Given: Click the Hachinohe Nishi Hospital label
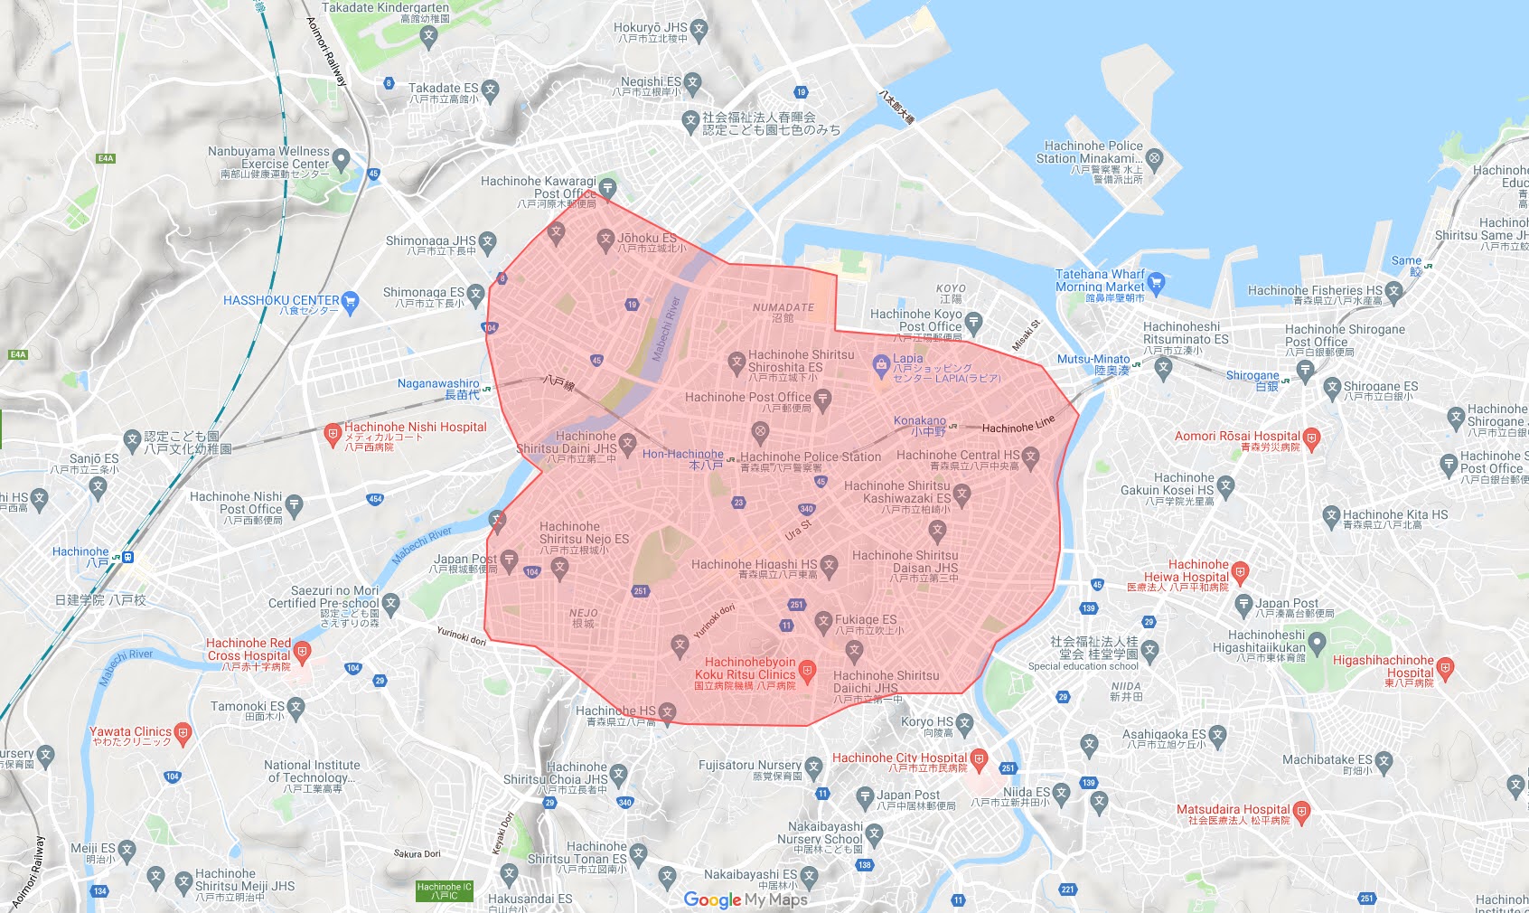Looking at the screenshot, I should pos(415,428).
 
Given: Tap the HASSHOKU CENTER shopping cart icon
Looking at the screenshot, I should pos(351,301).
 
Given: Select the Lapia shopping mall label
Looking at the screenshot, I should pos(908,359).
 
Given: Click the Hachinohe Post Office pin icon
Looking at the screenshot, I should pos(822,399).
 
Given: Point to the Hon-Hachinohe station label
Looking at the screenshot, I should pos(682,455).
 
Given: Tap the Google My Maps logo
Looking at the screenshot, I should pos(746,899).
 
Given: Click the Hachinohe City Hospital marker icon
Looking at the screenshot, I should pos(979,759).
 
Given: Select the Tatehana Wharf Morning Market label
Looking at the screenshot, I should pos(1100,280).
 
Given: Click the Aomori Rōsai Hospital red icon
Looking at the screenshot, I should pos(1312,438).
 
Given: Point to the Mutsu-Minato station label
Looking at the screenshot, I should pos(1093,360).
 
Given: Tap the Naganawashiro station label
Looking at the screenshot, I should pos(438,384).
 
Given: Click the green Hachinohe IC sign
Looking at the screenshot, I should pos(445,891).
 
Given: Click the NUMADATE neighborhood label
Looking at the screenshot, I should pos(783,308).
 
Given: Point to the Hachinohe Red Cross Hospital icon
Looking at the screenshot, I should pos(303,650).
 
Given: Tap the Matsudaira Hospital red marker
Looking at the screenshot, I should pos(1301,811).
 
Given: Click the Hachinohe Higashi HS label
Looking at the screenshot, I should pos(754,565).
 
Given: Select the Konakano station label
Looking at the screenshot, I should pos(920,421).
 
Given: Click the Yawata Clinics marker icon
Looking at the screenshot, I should pos(183,733).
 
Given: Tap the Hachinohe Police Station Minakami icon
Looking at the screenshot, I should pos(1154,158).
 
